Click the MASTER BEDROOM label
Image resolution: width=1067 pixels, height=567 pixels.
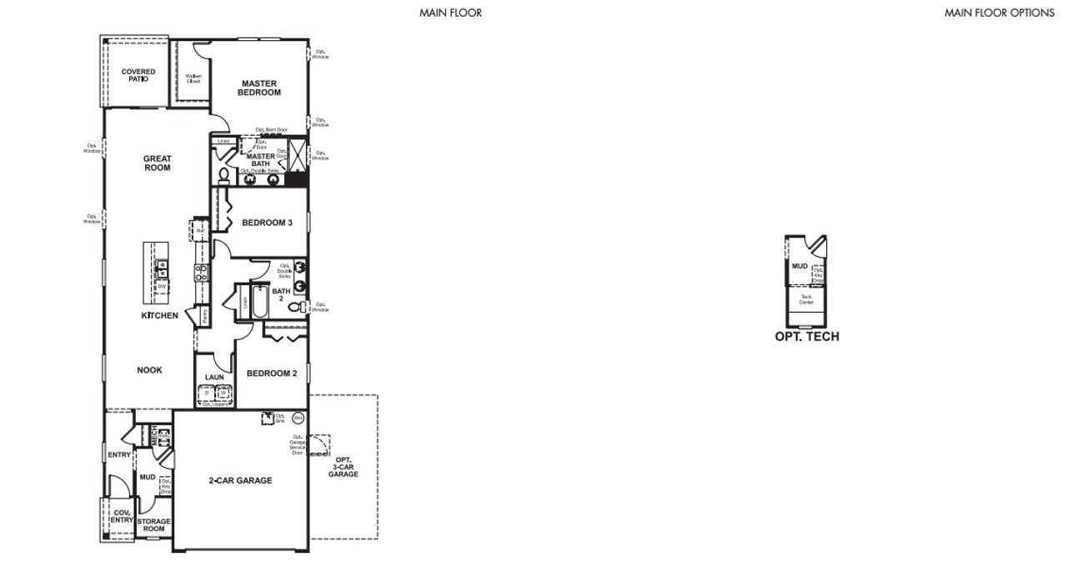(260, 88)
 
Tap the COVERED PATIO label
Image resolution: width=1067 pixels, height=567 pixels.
(138, 75)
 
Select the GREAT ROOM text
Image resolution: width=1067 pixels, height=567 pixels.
(157, 163)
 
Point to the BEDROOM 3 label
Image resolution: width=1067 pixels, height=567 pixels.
(267, 223)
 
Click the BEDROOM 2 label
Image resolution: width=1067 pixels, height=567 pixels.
(272, 374)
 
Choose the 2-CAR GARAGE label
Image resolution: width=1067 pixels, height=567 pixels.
(240, 480)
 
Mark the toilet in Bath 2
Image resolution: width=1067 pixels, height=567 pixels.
(295, 308)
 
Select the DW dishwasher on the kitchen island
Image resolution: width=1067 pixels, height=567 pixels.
(162, 287)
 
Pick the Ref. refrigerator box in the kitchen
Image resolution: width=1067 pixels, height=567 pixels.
(200, 230)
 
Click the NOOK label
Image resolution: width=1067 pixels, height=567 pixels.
(149, 370)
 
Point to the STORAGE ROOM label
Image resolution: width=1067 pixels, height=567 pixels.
(154, 525)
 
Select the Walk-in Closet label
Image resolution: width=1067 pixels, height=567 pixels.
(193, 78)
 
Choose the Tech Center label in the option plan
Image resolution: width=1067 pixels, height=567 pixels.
(806, 299)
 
